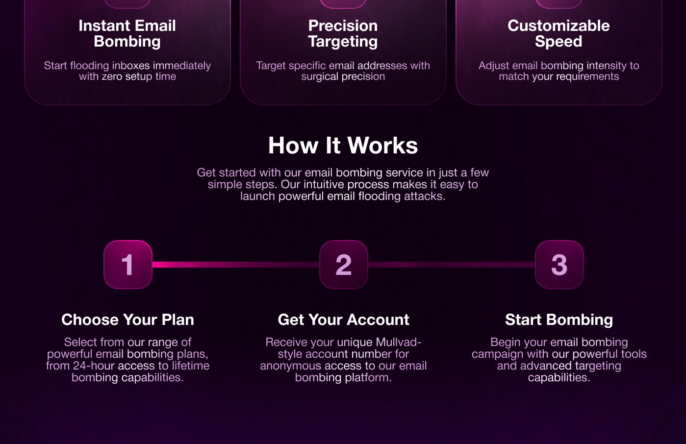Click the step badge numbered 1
128,265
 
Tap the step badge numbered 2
344,265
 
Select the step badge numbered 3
559,265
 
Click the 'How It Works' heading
343,145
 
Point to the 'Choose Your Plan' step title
127,320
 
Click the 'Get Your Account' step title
343,320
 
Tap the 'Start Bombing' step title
559,320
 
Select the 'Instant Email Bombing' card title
127,33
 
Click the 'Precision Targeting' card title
343,33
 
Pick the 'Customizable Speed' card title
559,33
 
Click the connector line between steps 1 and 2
236,265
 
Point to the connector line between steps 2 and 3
452,265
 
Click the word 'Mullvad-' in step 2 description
399,342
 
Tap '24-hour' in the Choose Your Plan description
93,366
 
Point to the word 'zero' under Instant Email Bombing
112,76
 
